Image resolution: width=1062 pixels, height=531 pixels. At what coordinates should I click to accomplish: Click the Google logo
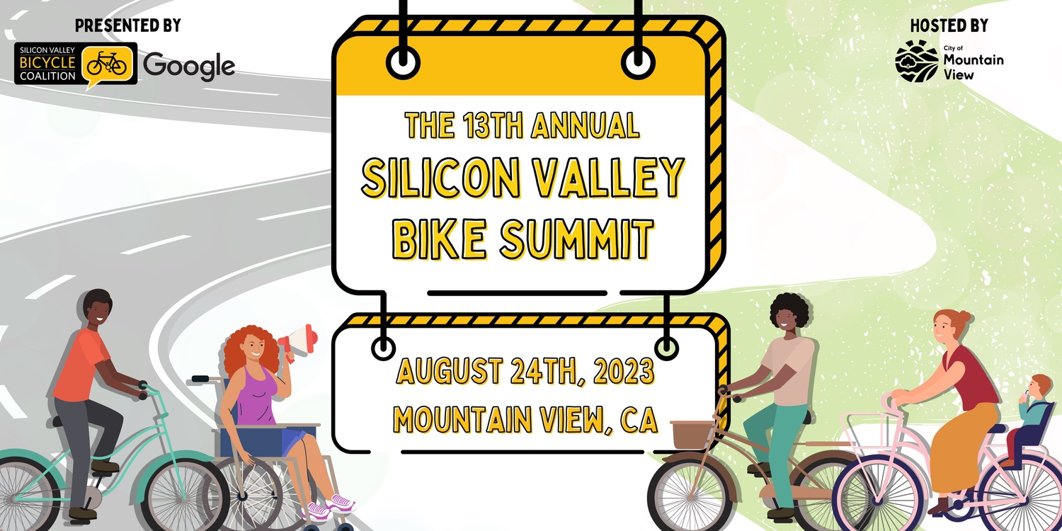coord(189,66)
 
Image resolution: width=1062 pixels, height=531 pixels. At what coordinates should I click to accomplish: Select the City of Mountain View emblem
coord(916,61)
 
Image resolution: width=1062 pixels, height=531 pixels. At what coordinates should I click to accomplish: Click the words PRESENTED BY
coord(128,25)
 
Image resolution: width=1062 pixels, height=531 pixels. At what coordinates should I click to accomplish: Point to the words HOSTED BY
coord(949,25)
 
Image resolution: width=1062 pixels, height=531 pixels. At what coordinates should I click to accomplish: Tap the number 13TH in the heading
coord(493,125)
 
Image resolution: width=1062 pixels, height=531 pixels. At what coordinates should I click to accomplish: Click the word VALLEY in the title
coord(607,177)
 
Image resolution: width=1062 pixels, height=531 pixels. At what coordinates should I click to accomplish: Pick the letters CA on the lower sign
coord(639,420)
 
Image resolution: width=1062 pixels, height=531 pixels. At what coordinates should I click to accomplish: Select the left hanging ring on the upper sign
coord(403,63)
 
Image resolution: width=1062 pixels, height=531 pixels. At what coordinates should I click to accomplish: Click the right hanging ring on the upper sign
coord(638,63)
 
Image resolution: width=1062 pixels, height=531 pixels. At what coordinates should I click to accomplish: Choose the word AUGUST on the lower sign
coord(449,371)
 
